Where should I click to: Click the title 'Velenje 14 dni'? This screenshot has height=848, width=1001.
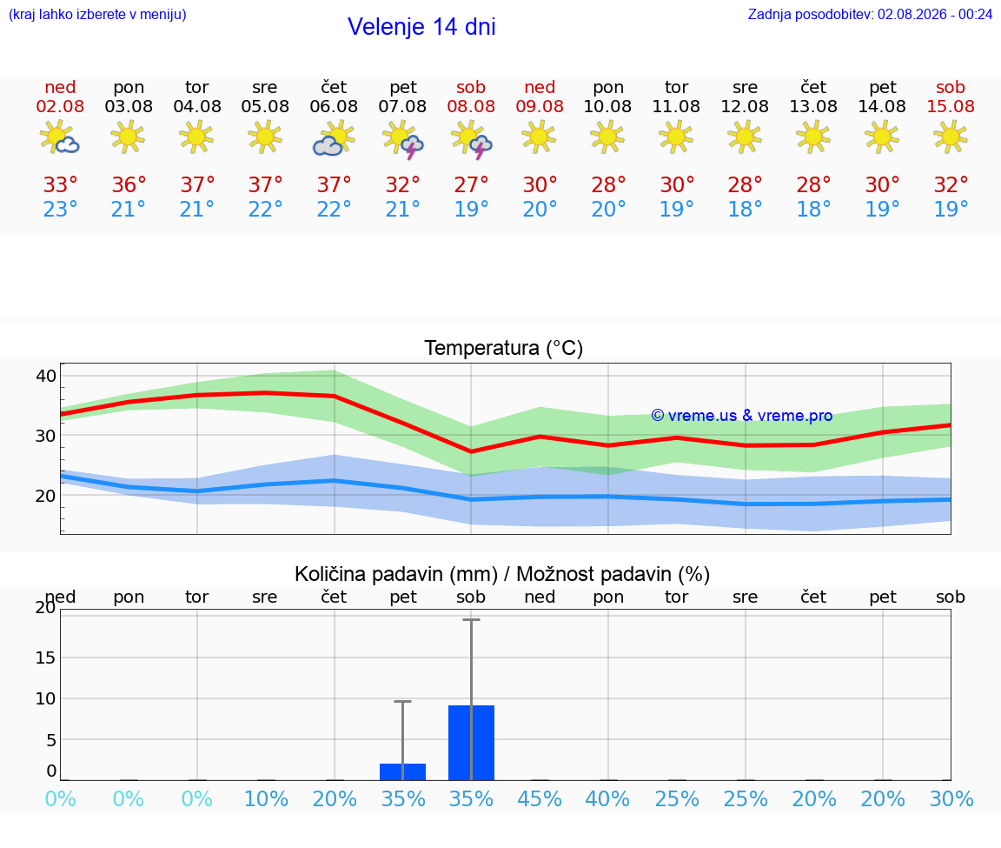[x=421, y=27]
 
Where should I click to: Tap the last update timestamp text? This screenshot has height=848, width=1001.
[x=870, y=15]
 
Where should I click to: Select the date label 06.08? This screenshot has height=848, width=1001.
[x=334, y=107]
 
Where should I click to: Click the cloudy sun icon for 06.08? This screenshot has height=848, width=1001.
[x=334, y=137]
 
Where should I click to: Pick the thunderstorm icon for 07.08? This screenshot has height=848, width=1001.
[x=403, y=139]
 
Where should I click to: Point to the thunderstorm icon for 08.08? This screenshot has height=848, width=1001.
[x=471, y=139]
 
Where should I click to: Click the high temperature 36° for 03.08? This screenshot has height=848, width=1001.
[x=129, y=185]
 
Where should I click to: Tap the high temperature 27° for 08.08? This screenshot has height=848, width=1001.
[x=471, y=185]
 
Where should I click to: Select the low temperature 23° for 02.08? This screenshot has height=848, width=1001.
[x=60, y=209]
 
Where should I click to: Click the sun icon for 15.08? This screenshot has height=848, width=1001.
[x=951, y=137]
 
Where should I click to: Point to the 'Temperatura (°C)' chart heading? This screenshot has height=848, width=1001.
[x=504, y=348]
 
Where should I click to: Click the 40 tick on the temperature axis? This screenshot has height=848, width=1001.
[x=46, y=376]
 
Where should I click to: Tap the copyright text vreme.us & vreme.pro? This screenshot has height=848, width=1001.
[x=742, y=416]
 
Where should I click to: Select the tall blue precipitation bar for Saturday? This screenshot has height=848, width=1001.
[x=471, y=743]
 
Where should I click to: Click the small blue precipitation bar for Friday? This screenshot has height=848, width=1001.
[x=403, y=772]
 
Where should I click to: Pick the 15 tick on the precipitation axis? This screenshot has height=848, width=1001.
[x=46, y=658]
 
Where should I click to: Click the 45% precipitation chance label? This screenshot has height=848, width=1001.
[x=540, y=798]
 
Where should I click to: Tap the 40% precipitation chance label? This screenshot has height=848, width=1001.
[x=607, y=798]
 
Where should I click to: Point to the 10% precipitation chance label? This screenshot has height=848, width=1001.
[x=266, y=798]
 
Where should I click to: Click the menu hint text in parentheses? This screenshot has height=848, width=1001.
[x=97, y=15]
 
